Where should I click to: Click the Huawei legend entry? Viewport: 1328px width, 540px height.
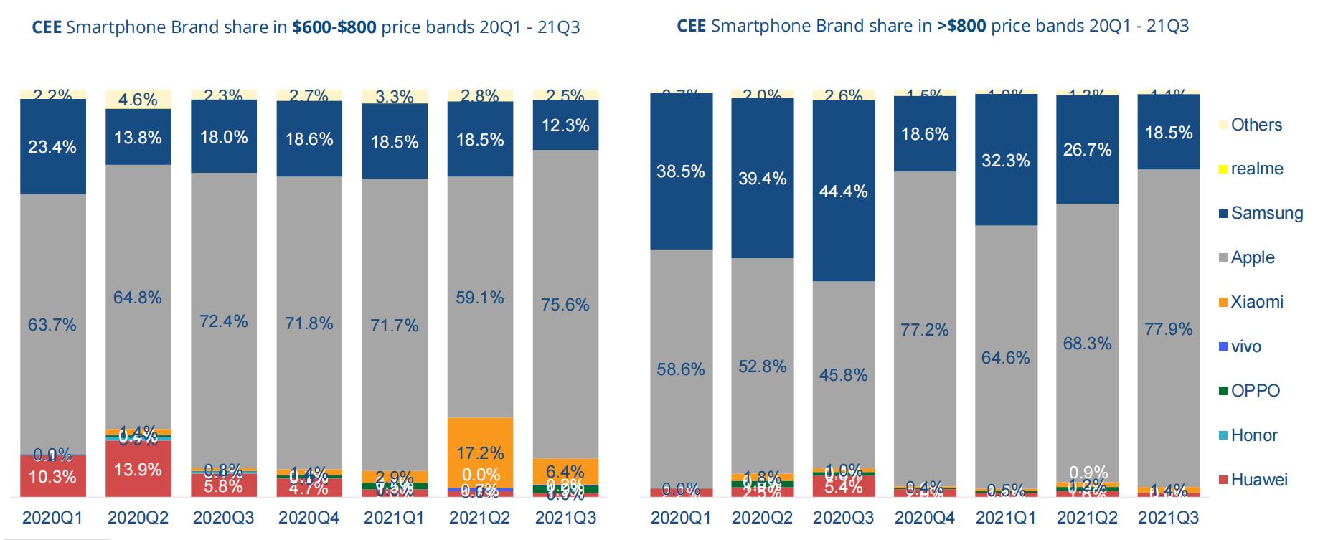(x=1258, y=480)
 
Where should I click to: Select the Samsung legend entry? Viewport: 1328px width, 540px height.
(x=1266, y=213)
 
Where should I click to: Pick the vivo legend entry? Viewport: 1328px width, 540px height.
(x=1245, y=346)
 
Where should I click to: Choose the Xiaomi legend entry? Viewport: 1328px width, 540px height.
(x=1256, y=302)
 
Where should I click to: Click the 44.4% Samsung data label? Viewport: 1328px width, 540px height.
(x=844, y=191)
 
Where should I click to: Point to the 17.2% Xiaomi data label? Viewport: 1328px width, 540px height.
(x=480, y=453)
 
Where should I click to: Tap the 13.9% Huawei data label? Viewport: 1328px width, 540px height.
(x=138, y=470)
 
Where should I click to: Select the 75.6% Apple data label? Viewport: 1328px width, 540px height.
(x=565, y=305)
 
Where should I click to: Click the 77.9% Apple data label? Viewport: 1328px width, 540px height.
(x=1169, y=329)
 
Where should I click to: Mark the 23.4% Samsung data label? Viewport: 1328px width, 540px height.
(x=52, y=147)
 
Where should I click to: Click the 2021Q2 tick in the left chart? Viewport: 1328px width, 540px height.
(x=480, y=518)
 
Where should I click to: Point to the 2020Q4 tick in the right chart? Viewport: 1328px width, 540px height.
(x=925, y=518)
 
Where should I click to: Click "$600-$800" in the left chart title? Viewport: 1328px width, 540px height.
(x=334, y=27)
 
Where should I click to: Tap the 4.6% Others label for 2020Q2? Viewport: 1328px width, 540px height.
(x=138, y=100)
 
